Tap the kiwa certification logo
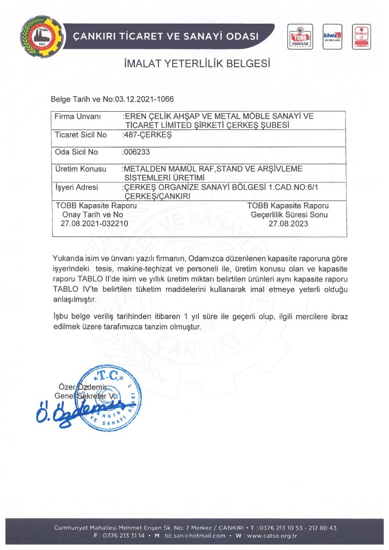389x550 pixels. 331,36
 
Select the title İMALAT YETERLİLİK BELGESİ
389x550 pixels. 197,64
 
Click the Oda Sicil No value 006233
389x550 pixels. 136,152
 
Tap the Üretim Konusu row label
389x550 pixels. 81,169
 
